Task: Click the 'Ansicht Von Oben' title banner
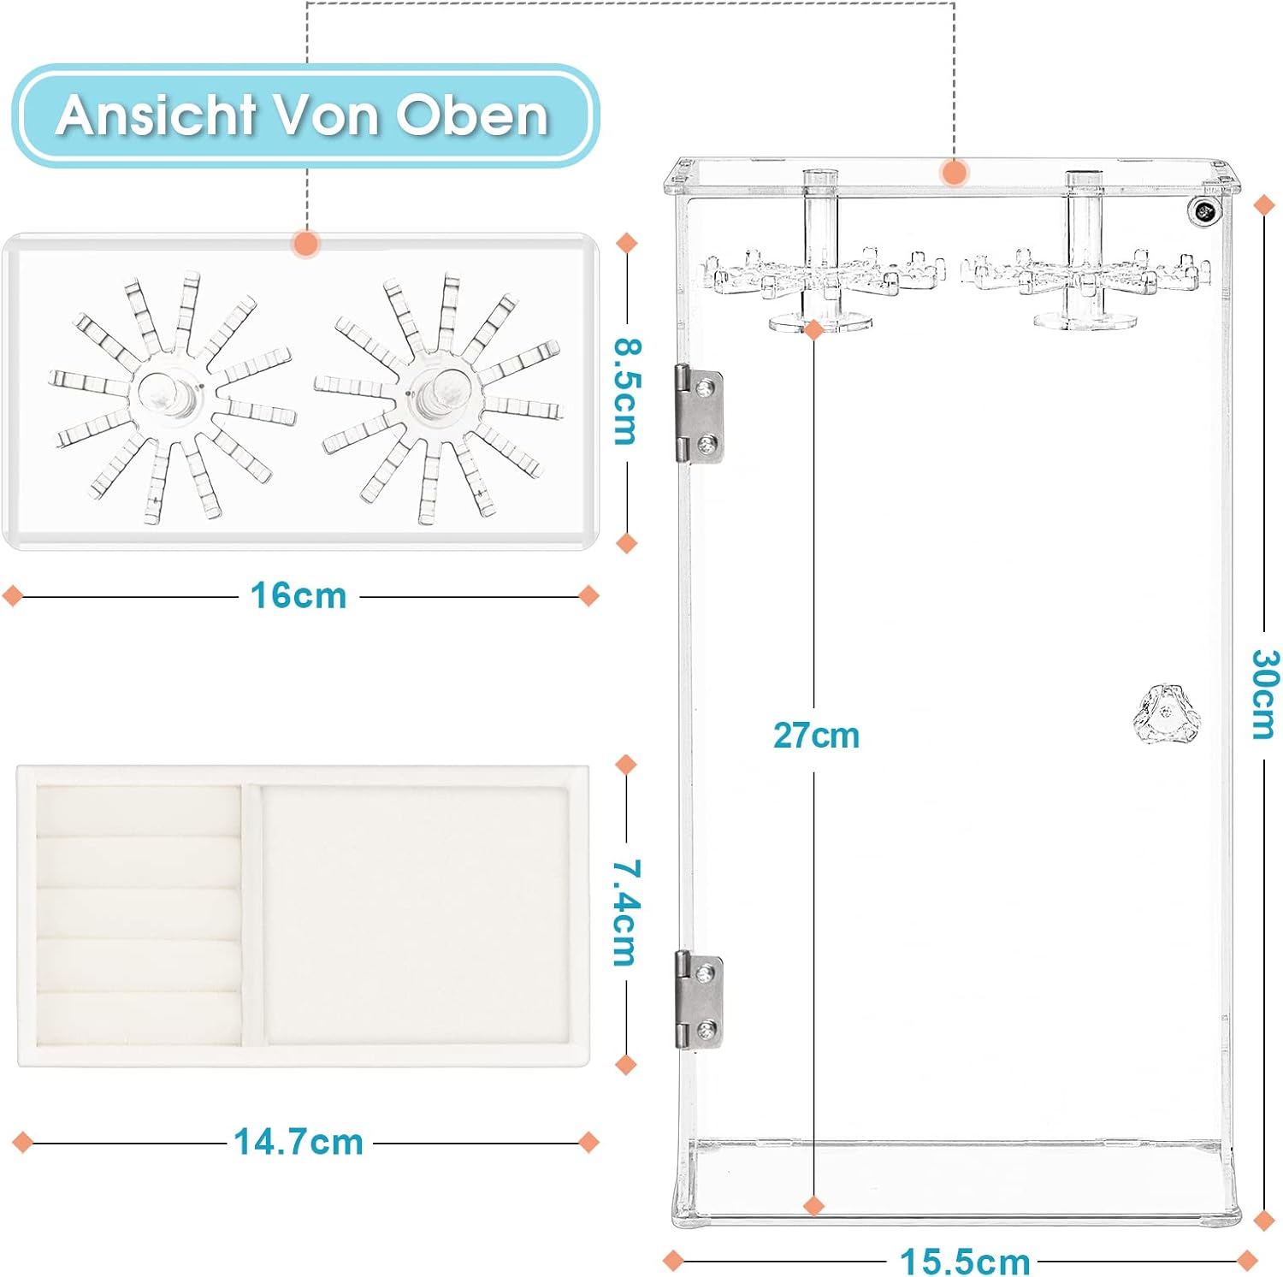[x=305, y=115]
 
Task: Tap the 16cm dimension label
[x=299, y=596]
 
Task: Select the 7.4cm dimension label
[x=626, y=913]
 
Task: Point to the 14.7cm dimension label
[x=299, y=1142]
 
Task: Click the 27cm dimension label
[x=816, y=735]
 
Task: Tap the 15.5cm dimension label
[x=965, y=1261]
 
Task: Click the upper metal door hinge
[x=700, y=414]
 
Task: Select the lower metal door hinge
[x=700, y=999]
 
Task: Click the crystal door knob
[x=1167, y=713]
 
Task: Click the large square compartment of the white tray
[x=415, y=913]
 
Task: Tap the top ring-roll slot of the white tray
[x=139, y=811]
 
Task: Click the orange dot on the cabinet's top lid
[x=954, y=173]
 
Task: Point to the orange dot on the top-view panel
[x=305, y=244]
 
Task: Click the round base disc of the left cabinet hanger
[x=820, y=322]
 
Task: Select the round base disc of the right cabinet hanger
[x=1085, y=322]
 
